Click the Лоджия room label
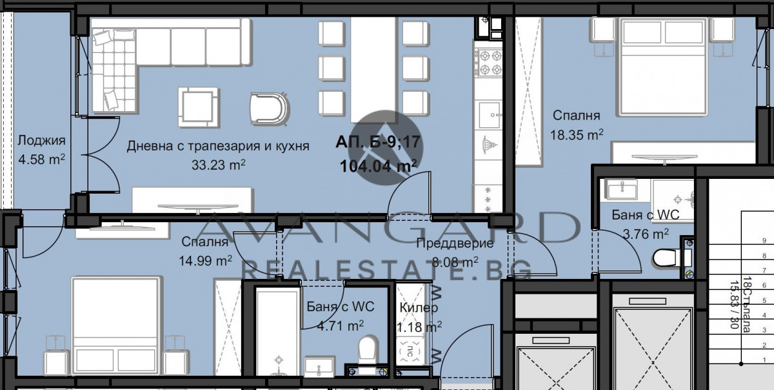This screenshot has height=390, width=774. point(41,141)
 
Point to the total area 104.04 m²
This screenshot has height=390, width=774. point(377,166)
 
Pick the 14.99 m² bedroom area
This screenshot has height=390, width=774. point(205,260)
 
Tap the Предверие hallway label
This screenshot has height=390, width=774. point(455,243)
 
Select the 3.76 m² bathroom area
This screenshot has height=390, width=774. point(642,234)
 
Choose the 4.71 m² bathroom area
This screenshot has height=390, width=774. point(340,325)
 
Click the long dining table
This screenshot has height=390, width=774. point(373,67)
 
